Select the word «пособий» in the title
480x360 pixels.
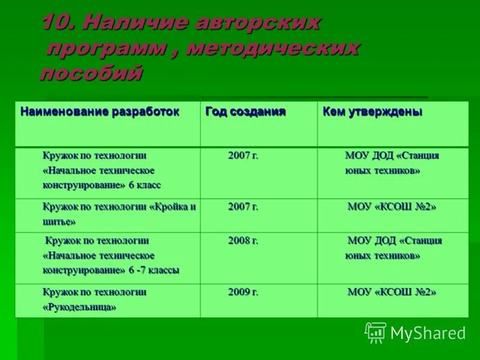coord(91,73)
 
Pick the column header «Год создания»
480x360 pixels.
coord(245,112)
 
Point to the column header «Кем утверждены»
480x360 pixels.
coord(372,112)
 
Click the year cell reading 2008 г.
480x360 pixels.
coord(243,241)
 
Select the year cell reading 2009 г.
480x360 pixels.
coord(243,292)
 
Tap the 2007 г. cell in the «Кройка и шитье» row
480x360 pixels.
coord(243,206)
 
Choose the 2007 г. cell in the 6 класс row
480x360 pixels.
coord(243,155)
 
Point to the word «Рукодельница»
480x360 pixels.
coord(79,307)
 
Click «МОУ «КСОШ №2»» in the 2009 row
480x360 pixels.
coord(392,293)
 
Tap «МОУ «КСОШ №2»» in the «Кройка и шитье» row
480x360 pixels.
coord(392,207)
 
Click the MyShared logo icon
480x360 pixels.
coord(376,332)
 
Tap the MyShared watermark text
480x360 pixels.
coord(428,334)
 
